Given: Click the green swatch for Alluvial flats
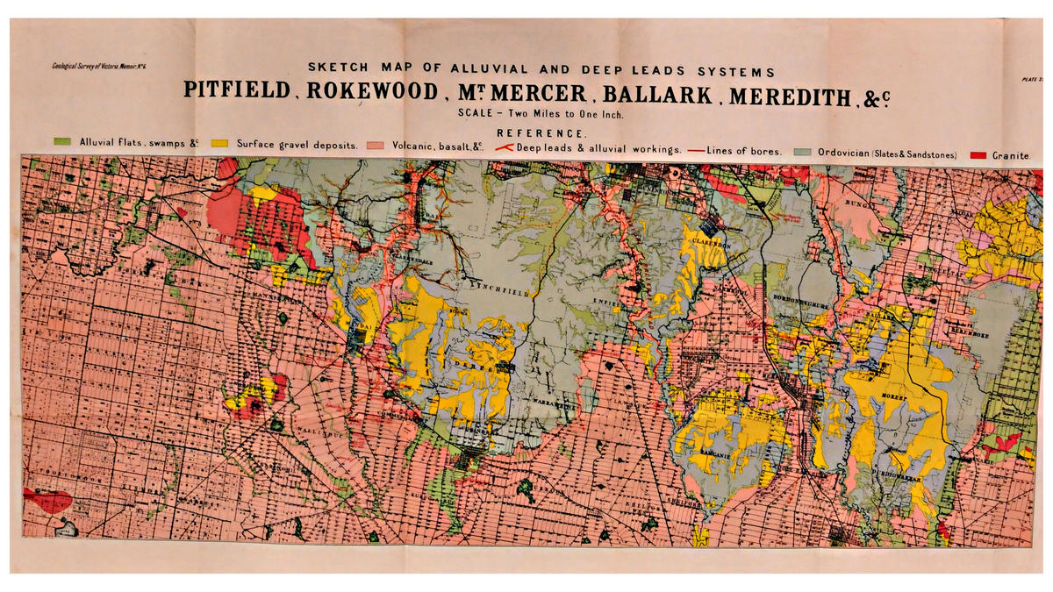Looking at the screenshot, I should point(61,141).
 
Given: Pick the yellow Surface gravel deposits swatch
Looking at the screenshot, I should point(219,142).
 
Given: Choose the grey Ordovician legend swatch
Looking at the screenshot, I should point(801,153).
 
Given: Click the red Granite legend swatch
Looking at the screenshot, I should point(978,154).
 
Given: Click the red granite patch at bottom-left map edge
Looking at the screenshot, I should point(47,501).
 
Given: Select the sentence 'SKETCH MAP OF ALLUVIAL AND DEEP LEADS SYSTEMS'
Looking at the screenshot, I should point(540,70).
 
